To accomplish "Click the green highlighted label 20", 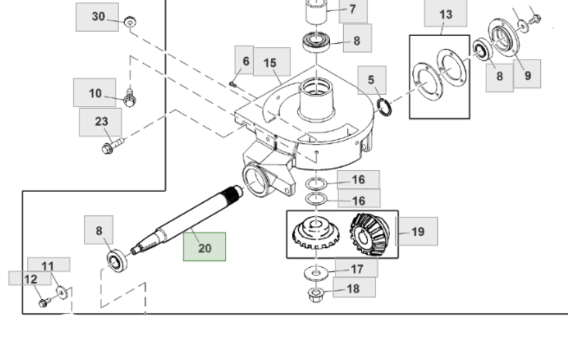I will pos(204,246).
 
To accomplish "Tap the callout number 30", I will pos(98,17).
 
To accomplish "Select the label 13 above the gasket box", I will pos(445,15).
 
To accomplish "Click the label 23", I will pos(100,122).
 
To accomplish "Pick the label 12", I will pos(29,278).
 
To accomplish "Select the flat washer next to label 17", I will pos(316,271).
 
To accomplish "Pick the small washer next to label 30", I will pos(130,23).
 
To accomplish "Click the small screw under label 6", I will pos(233,84).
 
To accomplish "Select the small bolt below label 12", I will pos(44,303).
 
